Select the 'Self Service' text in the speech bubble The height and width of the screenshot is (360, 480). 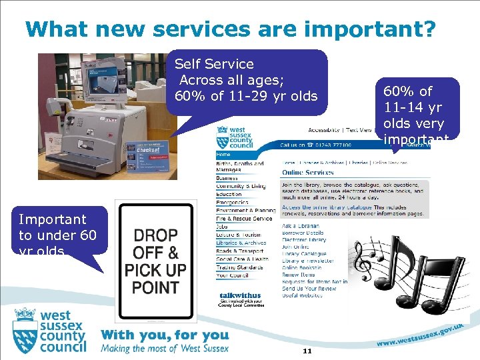[x=214, y=64]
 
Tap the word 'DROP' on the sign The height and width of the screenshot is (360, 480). [x=155, y=235]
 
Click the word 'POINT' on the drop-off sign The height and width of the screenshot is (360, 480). [x=155, y=287]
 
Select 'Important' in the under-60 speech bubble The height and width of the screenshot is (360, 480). [x=53, y=219]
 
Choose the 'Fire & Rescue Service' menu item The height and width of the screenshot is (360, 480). [x=244, y=219]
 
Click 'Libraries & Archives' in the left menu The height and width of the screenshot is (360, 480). [x=241, y=243]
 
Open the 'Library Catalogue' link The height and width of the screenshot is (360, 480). [x=304, y=254]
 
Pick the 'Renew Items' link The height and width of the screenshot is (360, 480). [x=299, y=275]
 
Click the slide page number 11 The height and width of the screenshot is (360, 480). [x=307, y=351]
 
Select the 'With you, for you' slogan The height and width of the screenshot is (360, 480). [x=165, y=335]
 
